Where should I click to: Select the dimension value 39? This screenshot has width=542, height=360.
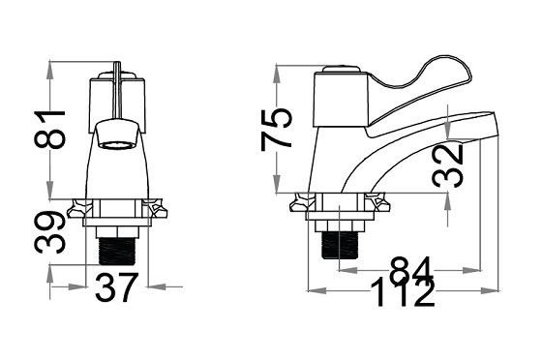tap(55, 232)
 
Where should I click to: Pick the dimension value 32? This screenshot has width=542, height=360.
tap(447, 165)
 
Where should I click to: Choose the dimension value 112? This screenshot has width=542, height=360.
tap(399, 292)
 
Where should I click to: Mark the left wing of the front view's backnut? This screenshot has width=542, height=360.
tap(79, 207)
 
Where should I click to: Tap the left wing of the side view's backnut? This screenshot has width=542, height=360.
tap(303, 203)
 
